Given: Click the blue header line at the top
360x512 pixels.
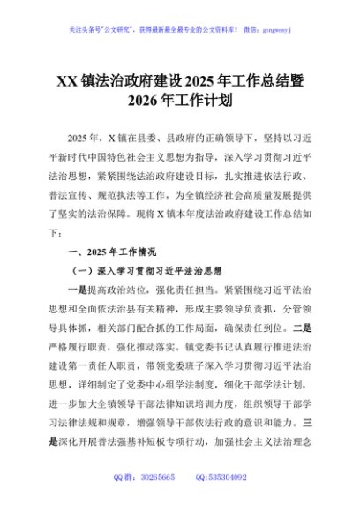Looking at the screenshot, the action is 179,28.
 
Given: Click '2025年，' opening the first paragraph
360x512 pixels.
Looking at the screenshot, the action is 86,139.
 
